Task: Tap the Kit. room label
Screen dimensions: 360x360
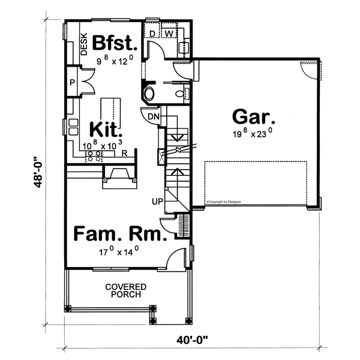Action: [106, 130]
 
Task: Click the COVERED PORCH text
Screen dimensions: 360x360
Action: [122, 291]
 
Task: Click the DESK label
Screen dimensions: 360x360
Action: [84, 44]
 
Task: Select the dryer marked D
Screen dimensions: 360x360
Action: [152, 33]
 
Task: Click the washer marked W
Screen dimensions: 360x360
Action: [169, 33]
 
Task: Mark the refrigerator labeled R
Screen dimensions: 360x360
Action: [124, 154]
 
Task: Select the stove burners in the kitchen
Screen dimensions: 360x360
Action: [94, 155]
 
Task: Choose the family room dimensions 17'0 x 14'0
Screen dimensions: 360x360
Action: [119, 252]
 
